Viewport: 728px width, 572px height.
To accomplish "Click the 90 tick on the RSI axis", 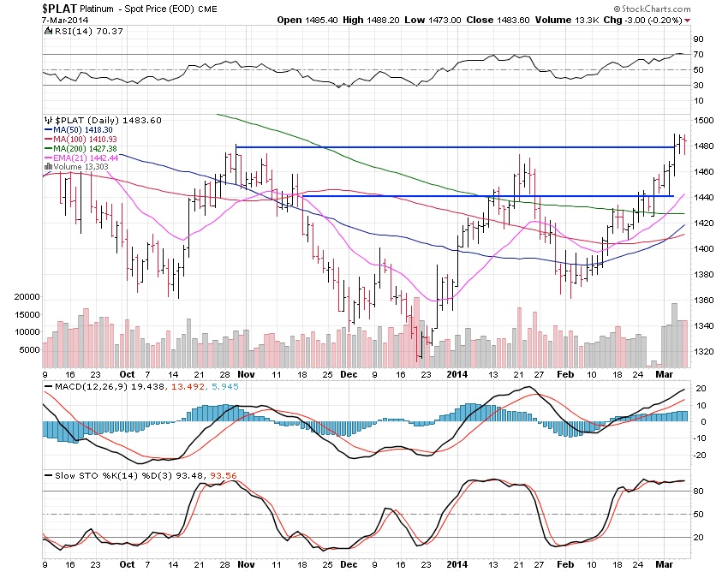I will coord(699,39).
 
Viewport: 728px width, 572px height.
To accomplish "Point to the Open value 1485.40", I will coord(362,20).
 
